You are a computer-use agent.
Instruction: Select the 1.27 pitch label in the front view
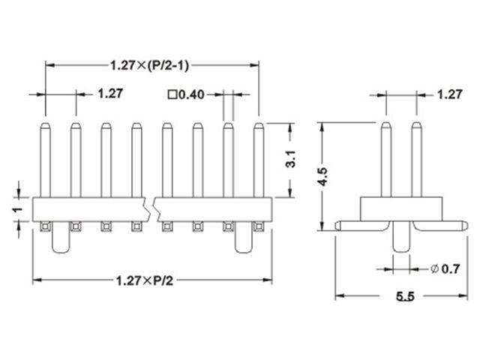pos(110,94)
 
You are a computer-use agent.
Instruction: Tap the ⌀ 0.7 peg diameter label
pos(445,268)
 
